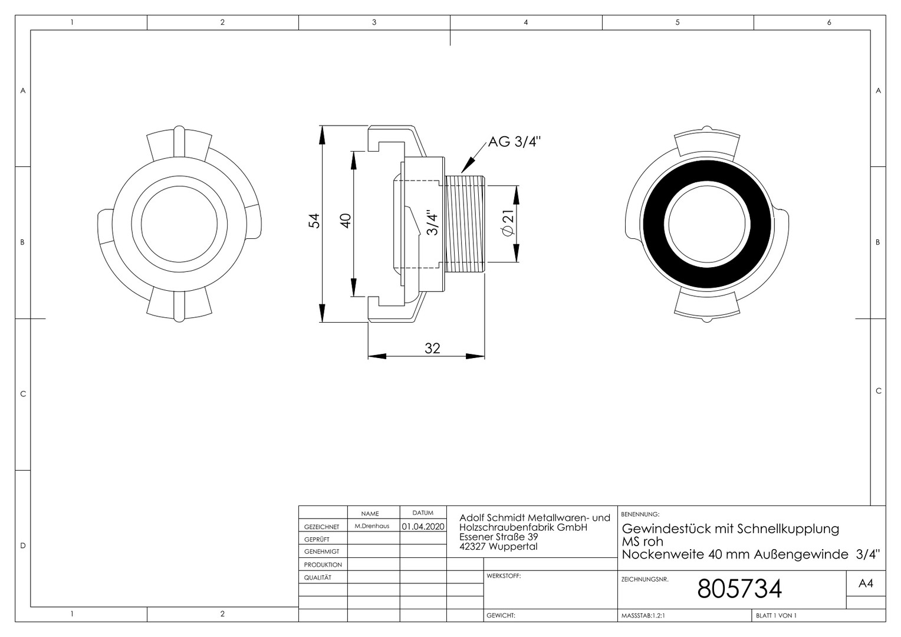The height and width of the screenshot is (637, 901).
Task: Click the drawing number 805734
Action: point(739,589)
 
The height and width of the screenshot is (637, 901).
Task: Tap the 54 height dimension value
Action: point(314,221)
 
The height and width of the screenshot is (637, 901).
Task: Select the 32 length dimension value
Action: point(432,348)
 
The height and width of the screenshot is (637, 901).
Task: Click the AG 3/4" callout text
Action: point(514,142)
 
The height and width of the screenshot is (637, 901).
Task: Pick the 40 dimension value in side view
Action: point(346,221)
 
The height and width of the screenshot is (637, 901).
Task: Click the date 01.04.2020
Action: point(423,526)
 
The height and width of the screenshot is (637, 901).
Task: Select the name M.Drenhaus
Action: point(372,526)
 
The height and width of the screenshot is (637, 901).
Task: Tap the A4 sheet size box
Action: point(866,583)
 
